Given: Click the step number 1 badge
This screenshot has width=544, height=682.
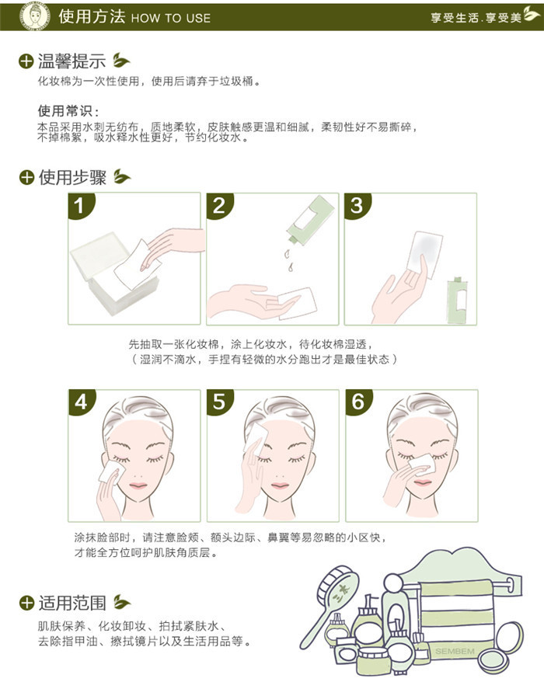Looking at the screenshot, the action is [79, 205].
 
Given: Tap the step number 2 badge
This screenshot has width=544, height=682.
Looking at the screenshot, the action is [218, 205].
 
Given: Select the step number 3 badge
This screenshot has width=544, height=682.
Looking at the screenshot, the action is [357, 205].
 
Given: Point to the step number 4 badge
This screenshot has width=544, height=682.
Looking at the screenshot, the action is [81, 402].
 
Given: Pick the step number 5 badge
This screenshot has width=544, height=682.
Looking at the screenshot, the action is [219, 402].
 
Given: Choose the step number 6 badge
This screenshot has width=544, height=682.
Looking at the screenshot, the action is [357, 402].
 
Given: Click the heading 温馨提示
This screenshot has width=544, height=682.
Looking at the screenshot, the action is [71, 61].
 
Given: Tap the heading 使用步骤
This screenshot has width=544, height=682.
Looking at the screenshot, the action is [73, 177].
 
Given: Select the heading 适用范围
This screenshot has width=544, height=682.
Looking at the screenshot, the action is [73, 603].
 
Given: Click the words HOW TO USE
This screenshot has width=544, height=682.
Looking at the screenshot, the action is [171, 18].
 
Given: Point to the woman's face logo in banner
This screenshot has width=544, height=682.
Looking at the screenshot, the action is [35, 16].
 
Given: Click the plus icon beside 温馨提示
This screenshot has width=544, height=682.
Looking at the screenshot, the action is [26, 61].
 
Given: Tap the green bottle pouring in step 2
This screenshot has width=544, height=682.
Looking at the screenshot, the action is [310, 220].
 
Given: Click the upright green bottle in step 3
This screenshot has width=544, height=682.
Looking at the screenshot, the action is [458, 300].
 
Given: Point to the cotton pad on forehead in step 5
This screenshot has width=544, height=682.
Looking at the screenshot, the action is [256, 437].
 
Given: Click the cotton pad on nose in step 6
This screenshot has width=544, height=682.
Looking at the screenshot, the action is [421, 464].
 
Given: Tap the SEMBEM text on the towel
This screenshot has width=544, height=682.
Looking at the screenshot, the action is [455, 651].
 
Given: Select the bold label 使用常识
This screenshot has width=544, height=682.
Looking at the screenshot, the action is [68, 111].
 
